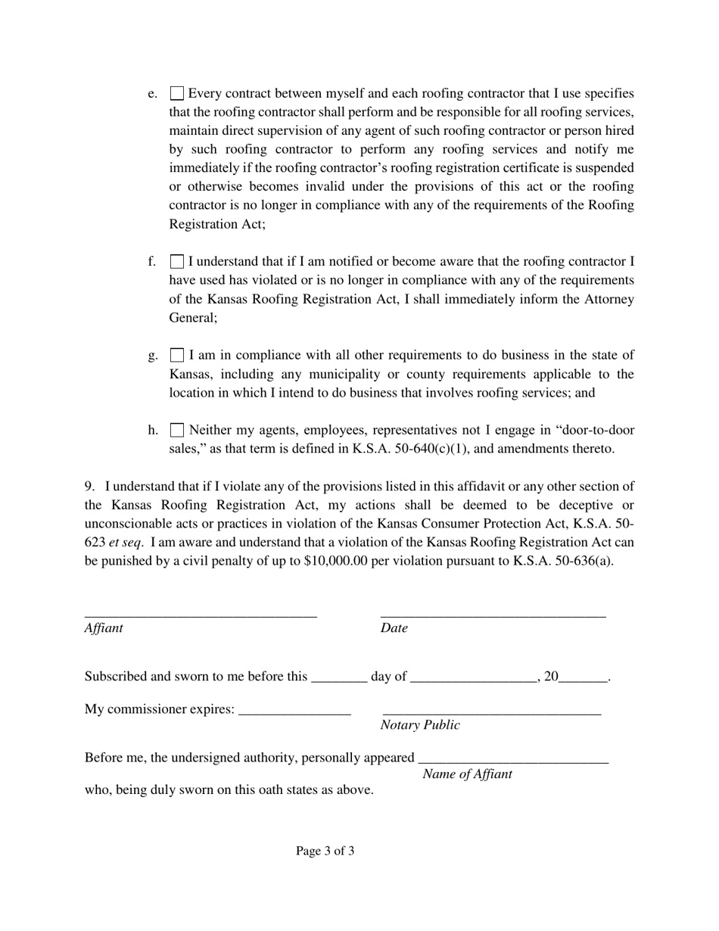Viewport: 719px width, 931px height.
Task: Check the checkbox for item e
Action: click(176, 94)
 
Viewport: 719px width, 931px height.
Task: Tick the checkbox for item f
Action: click(176, 262)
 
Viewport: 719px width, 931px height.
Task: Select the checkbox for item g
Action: click(176, 355)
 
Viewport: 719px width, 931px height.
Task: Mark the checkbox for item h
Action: click(176, 430)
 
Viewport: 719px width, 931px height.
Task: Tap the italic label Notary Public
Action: click(420, 725)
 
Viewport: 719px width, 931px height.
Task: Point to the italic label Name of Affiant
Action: click(467, 774)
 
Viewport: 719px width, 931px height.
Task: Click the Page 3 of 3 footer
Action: click(325, 851)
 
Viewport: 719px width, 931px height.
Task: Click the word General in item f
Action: click(192, 318)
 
